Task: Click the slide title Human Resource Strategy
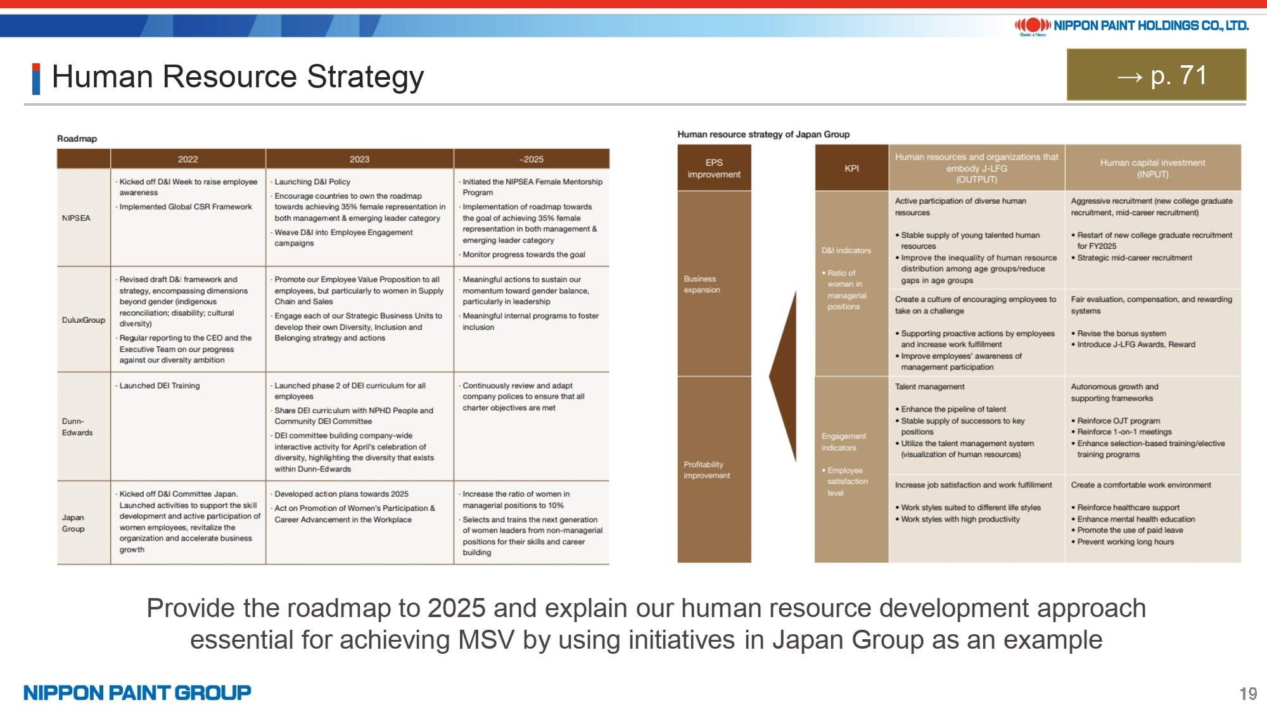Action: (x=238, y=77)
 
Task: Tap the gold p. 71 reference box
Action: (x=1156, y=75)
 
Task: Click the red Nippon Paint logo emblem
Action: (x=1033, y=25)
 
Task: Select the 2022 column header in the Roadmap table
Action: (x=188, y=159)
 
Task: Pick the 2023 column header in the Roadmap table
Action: (x=359, y=159)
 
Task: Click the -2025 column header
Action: (x=532, y=159)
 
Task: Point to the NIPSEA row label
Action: (x=76, y=218)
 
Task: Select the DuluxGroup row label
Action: (x=84, y=320)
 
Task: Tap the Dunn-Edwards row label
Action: (x=77, y=427)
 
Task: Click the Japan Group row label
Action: (x=73, y=523)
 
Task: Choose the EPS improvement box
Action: (x=714, y=168)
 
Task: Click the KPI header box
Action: (x=851, y=168)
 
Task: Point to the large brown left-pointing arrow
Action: (x=783, y=376)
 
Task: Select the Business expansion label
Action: (x=702, y=284)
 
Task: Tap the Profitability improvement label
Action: (x=707, y=470)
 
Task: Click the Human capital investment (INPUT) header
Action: (x=1152, y=168)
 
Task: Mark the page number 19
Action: (x=1248, y=694)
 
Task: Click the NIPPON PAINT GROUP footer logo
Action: (x=137, y=692)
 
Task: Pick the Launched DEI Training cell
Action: (x=160, y=385)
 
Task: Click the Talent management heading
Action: (x=929, y=387)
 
